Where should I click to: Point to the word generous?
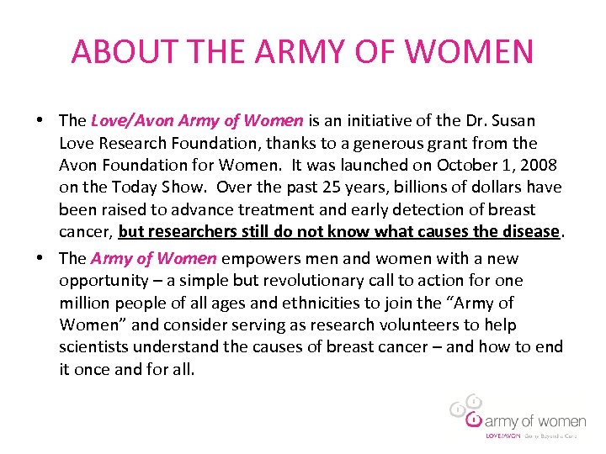tap(378, 143)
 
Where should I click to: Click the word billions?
tap(388, 187)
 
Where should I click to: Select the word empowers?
tap(256, 259)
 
